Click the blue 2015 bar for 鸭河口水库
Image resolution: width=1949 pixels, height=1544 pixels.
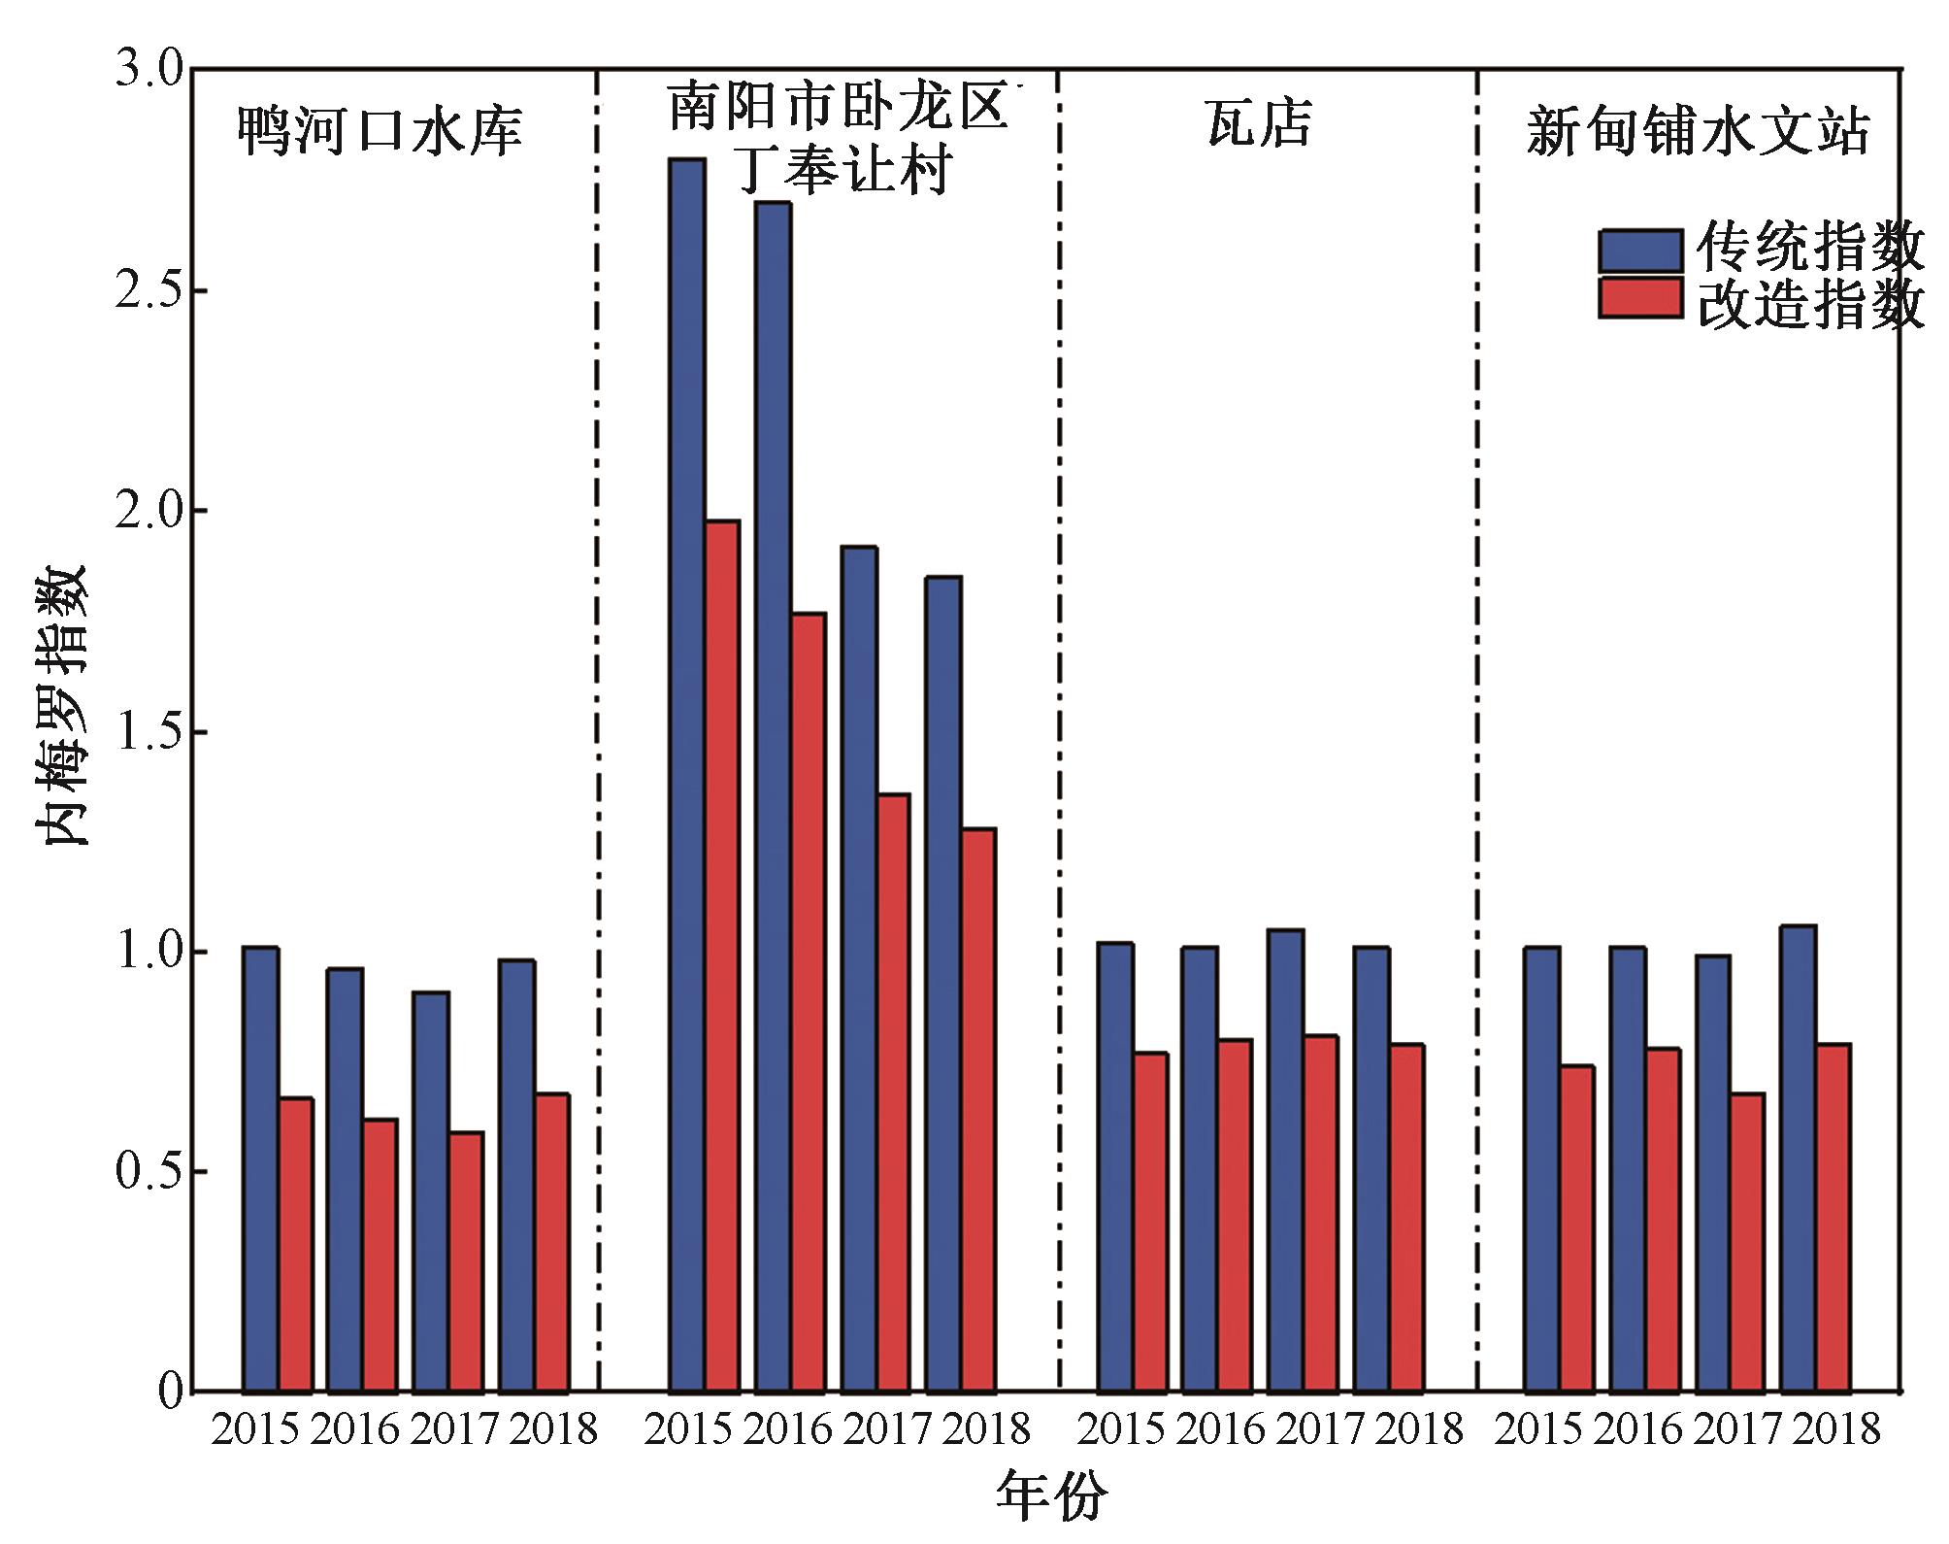[260, 1169]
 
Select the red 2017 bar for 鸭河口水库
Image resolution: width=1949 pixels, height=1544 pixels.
[466, 1261]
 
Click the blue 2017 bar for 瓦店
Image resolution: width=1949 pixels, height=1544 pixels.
[1285, 1160]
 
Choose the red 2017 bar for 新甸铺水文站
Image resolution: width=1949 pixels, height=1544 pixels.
[1747, 1242]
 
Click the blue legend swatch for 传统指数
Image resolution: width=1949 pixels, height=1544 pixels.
[1640, 251]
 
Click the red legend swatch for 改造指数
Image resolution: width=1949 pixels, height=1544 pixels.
[1640, 298]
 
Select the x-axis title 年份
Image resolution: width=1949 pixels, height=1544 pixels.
[1051, 1496]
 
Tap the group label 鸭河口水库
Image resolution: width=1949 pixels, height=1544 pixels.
[380, 131]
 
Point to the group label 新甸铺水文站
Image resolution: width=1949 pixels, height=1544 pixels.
[1698, 131]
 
